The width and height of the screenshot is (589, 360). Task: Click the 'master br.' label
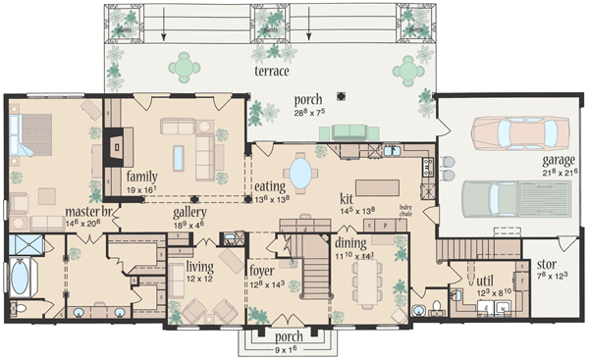pos(89,212)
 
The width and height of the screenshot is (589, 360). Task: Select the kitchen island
pos(378,186)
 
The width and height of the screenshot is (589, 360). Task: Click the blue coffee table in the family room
pos(179,157)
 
